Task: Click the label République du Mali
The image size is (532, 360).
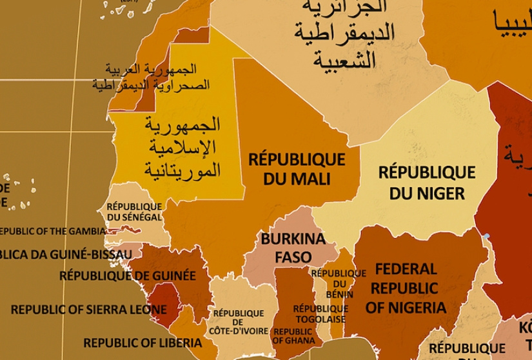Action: click(297, 169)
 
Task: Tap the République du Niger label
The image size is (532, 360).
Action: click(426, 183)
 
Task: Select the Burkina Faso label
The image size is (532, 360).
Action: click(293, 248)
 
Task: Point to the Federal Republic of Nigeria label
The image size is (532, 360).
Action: click(406, 288)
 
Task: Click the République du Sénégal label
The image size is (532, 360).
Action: click(134, 212)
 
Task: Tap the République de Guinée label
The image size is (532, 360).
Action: click(127, 276)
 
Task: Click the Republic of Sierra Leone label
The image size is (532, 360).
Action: click(88, 309)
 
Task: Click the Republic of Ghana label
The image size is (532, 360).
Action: click(293, 335)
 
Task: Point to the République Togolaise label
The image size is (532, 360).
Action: click(321, 314)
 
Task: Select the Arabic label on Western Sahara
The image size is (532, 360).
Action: click(152, 77)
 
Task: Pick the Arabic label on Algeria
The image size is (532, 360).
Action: click(345, 32)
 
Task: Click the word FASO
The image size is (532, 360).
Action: click(293, 257)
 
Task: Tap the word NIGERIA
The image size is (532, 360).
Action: click(406, 307)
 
